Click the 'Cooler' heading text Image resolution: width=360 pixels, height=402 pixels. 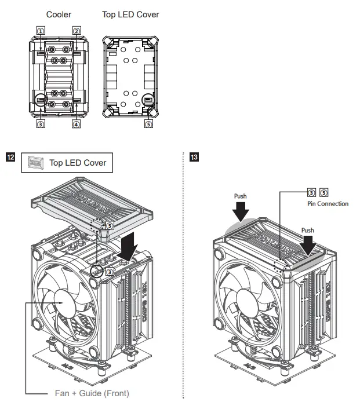(59, 14)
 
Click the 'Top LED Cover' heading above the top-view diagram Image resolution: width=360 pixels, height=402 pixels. (130, 14)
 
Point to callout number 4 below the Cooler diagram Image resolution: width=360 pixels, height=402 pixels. (76, 123)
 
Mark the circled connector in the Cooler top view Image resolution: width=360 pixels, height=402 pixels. (41, 100)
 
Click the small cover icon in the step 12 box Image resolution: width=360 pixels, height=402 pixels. (35, 163)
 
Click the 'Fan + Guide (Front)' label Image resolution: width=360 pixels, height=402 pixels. (92, 393)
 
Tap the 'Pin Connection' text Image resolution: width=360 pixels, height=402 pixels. (328, 204)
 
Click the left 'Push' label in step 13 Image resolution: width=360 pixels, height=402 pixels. (240, 196)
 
